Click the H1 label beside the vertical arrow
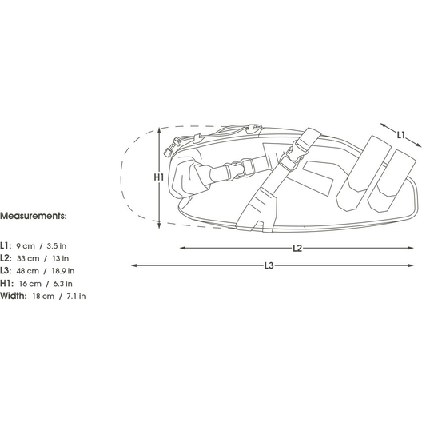(159, 177)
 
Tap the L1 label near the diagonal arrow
(401, 135)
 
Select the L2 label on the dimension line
(297, 248)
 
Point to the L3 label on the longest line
(269, 265)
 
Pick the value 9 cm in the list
(26, 246)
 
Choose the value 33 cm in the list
(28, 258)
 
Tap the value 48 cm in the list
(28, 271)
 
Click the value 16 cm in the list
(30, 284)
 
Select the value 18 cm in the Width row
(43, 297)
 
